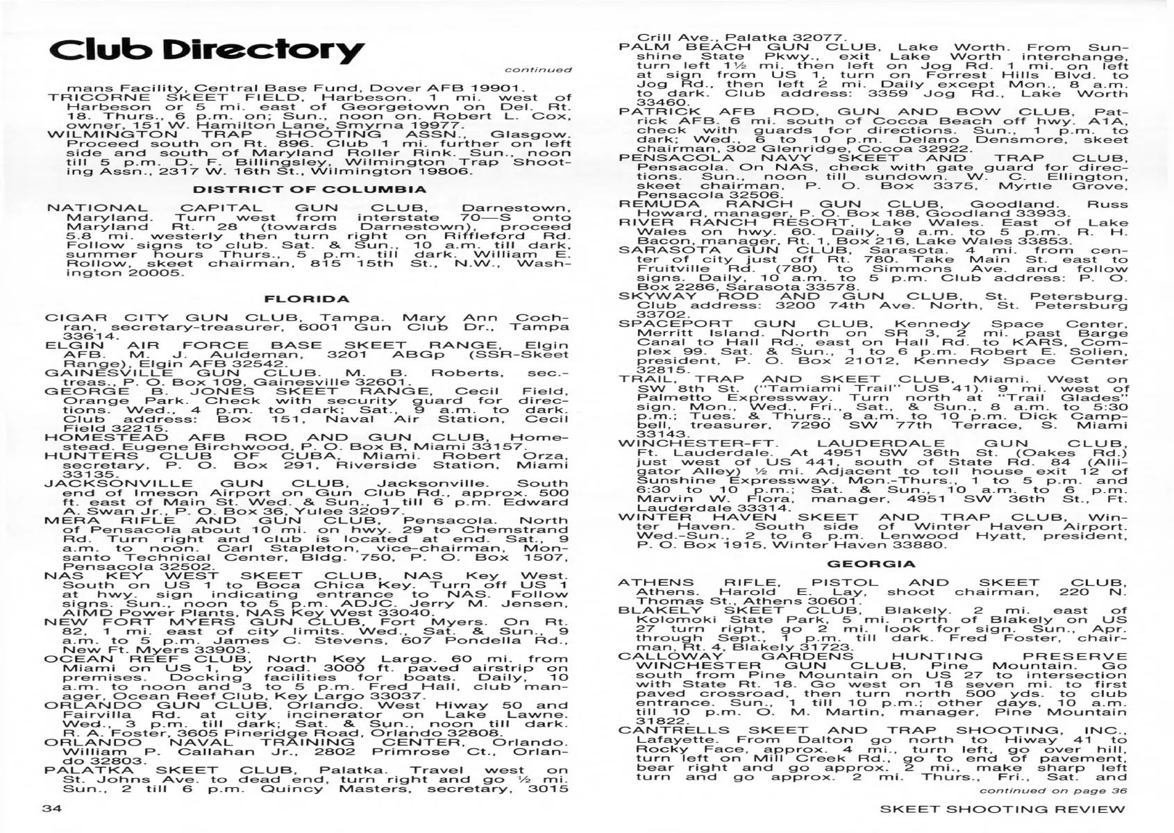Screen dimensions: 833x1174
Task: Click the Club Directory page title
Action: click(x=206, y=50)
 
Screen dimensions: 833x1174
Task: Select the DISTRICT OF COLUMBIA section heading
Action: click(x=310, y=190)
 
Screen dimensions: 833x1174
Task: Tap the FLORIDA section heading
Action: click(x=307, y=299)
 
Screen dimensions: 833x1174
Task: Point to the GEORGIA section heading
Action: click(x=871, y=564)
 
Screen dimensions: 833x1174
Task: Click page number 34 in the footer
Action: click(x=53, y=809)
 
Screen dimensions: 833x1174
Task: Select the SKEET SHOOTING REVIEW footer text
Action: click(x=1002, y=809)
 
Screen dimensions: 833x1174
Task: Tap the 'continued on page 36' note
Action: click(x=1053, y=790)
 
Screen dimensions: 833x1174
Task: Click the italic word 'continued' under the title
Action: click(x=538, y=69)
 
